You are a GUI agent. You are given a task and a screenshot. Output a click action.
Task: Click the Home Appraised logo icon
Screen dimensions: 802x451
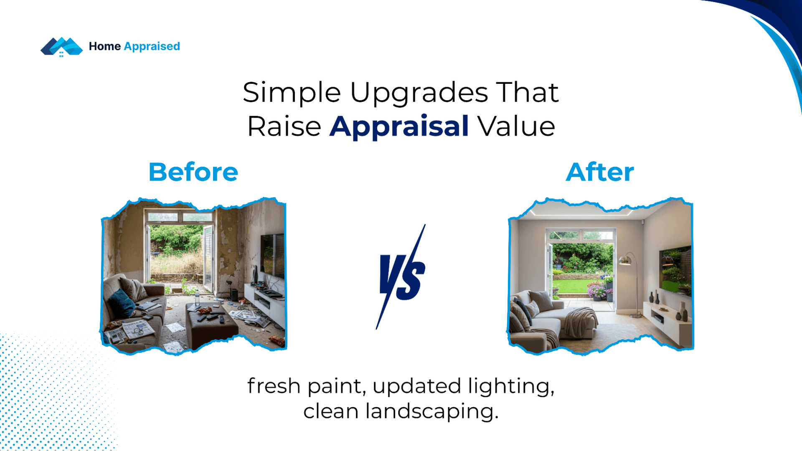(x=61, y=47)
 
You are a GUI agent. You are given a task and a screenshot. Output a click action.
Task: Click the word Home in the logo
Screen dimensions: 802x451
(x=105, y=46)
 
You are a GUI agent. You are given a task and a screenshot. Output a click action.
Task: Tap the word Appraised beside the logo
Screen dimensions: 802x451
(x=152, y=47)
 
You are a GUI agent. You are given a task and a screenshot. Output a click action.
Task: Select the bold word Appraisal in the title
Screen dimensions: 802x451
(x=399, y=126)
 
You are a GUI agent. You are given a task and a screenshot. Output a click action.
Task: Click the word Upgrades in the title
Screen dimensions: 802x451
(x=419, y=92)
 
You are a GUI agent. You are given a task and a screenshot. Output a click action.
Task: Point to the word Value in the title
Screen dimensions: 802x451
(x=516, y=126)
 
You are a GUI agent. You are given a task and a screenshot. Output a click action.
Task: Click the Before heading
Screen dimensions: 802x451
(x=193, y=172)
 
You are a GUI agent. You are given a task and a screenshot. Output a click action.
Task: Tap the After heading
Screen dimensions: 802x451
(x=600, y=172)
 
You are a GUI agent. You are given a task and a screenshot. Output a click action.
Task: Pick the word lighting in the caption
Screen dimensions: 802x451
(x=511, y=386)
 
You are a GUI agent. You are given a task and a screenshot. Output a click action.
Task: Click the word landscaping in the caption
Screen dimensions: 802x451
(x=432, y=411)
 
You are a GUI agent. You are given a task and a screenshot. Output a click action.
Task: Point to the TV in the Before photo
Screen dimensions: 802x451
(x=272, y=255)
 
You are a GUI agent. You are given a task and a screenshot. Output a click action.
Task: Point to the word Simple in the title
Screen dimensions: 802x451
(x=292, y=92)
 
